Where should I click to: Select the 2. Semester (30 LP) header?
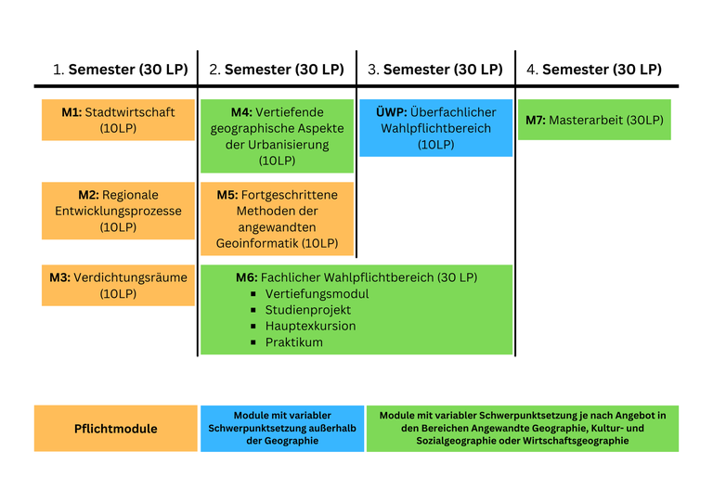click(277, 70)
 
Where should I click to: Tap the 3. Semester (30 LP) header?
click(435, 70)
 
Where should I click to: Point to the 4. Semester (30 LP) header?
click(594, 70)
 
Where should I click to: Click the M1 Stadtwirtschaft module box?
click(118, 120)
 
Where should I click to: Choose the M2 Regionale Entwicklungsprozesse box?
click(118, 211)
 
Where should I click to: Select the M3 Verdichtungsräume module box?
click(118, 285)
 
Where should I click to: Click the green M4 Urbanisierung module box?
click(277, 136)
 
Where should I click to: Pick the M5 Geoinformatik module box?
click(277, 219)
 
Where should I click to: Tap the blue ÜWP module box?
click(435, 128)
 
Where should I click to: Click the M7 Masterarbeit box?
click(594, 120)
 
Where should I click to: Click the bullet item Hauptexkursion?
click(310, 326)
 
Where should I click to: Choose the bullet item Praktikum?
click(294, 342)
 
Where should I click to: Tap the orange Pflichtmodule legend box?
click(116, 429)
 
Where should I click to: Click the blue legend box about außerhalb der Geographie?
click(282, 429)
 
